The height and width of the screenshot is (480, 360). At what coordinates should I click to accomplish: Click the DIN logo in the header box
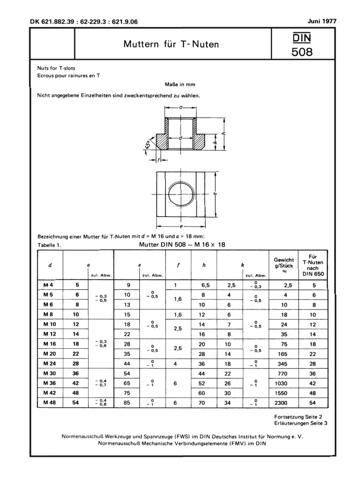[x=302, y=37]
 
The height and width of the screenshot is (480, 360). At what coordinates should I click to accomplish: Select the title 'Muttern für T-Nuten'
[x=171, y=45]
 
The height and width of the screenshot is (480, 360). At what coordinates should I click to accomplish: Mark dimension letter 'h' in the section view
[x=224, y=133]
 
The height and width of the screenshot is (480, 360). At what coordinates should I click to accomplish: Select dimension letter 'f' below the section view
[x=159, y=160]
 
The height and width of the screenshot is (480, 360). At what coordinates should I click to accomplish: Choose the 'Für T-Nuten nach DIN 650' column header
[x=315, y=265]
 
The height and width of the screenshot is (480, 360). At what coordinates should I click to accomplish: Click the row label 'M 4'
[x=48, y=285]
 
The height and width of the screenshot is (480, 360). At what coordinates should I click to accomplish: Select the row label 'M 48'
[x=48, y=403]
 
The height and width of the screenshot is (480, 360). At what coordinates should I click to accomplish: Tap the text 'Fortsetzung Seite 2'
[x=297, y=416]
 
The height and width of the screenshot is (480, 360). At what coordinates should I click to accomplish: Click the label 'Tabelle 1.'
[x=49, y=245]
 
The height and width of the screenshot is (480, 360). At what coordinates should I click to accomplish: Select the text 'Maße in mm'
[x=180, y=84]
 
